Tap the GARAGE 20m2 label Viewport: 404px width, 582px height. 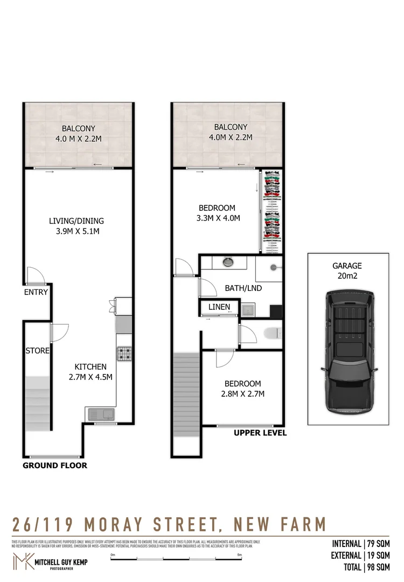click(347, 271)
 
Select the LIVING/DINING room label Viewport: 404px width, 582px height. click(76, 226)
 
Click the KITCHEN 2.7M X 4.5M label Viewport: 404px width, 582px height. click(90, 371)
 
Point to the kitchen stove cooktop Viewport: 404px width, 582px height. click(125, 354)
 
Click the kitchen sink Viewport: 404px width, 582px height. click(100, 414)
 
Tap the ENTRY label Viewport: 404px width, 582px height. click(36, 293)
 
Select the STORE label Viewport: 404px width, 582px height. click(38, 351)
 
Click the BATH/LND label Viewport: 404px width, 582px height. click(243, 288)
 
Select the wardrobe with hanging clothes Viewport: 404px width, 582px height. click(271, 211)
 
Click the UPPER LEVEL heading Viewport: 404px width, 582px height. click(260, 433)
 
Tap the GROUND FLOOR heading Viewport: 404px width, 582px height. click(54, 466)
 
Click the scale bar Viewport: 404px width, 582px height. click(176, 559)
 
